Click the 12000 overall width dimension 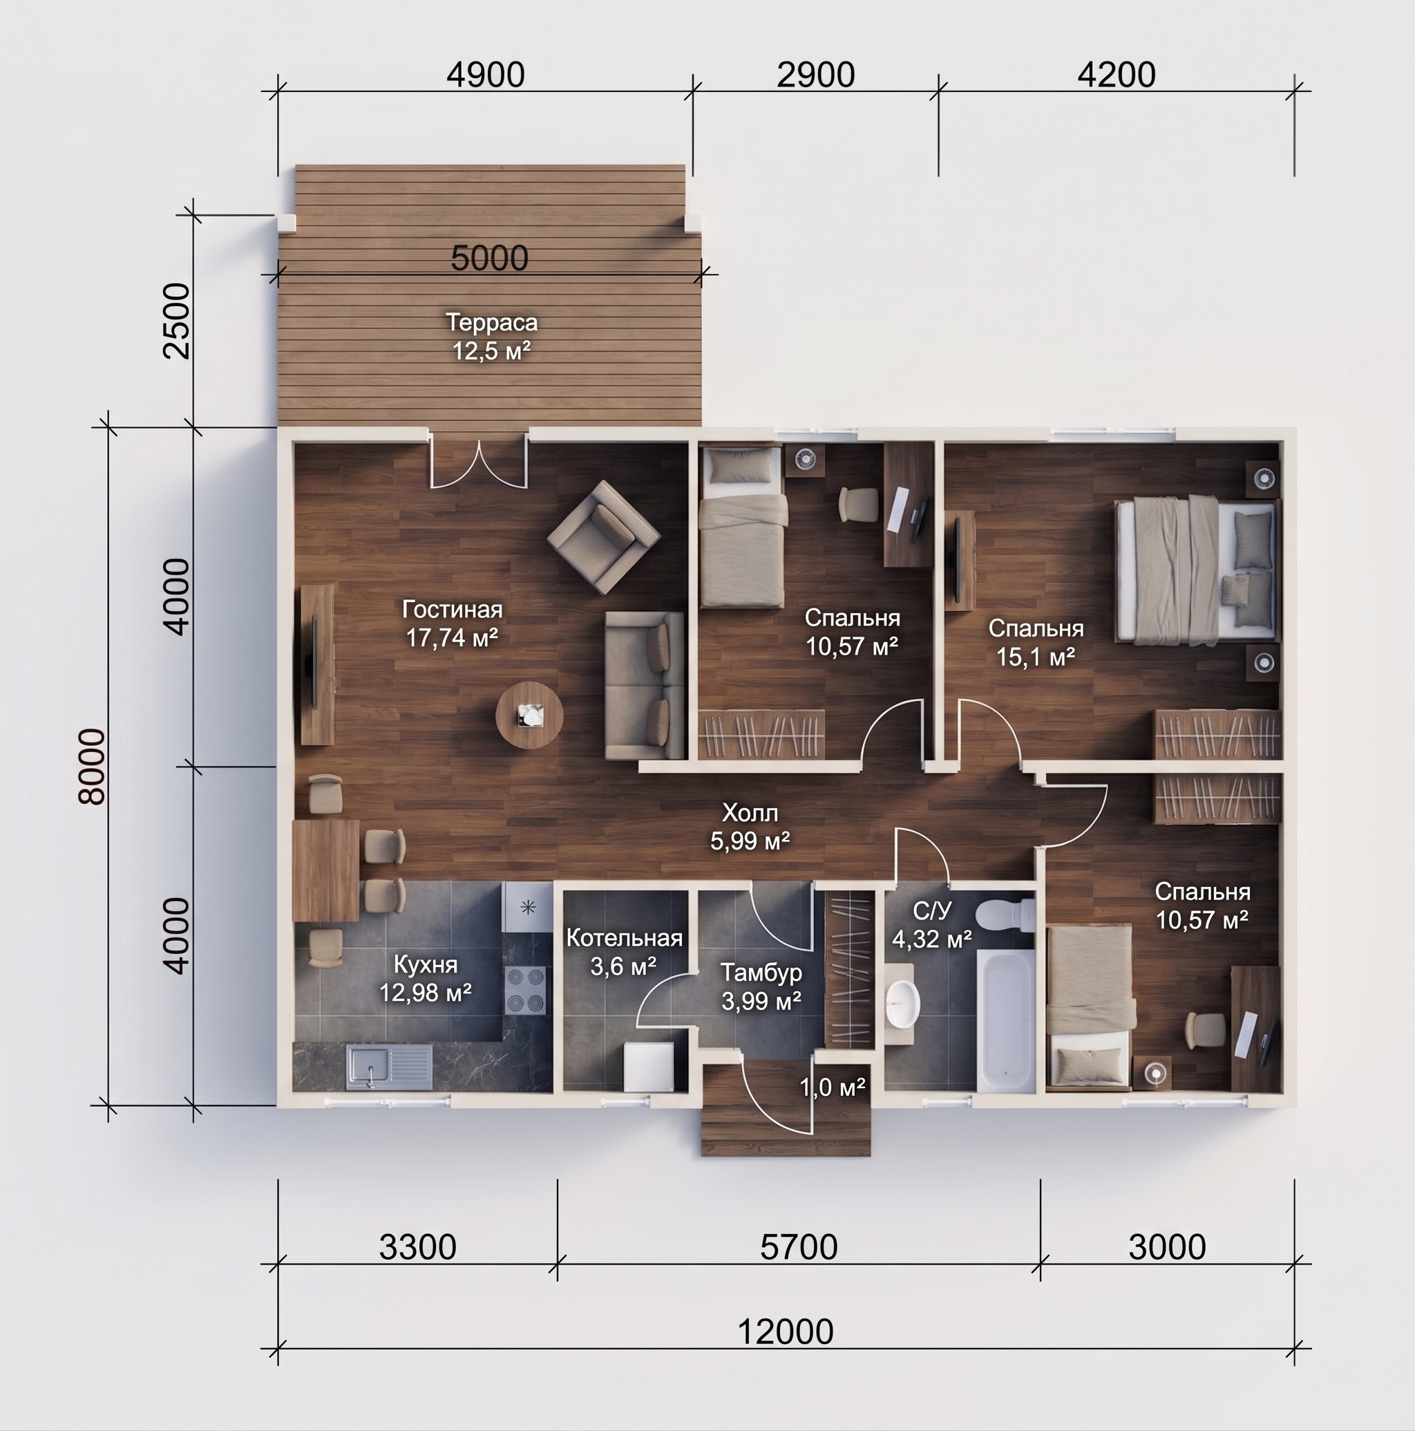point(786,1331)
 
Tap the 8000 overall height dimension point(94,767)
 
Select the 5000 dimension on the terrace point(489,259)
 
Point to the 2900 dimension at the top point(815,75)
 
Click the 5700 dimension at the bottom point(798,1247)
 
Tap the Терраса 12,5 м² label point(492,336)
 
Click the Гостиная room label point(453,610)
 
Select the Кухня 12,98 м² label point(426,978)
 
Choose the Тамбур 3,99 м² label point(761,986)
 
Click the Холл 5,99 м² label point(750,827)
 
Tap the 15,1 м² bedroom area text point(1035,657)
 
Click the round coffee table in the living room point(529,715)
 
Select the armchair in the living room point(603,537)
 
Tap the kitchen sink point(389,1067)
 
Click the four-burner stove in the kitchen point(526,990)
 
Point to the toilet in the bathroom point(1005,915)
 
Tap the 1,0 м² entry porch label point(833,1087)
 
